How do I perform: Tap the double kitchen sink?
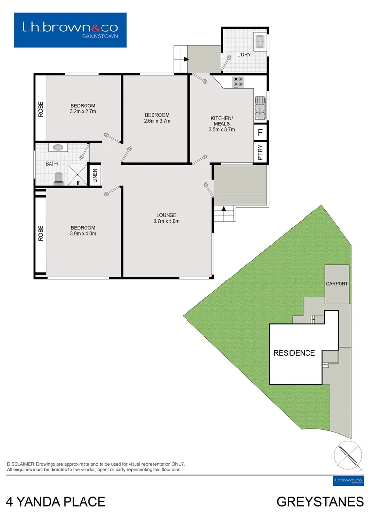(260, 108)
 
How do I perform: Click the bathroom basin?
(58, 147)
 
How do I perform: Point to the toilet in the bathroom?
(58, 178)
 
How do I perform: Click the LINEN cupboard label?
(95, 175)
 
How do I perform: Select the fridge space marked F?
(260, 132)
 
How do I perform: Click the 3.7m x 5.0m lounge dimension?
(166, 222)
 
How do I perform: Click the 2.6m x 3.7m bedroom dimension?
(157, 121)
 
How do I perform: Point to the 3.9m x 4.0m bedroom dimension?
(83, 234)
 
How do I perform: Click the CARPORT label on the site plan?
(337, 284)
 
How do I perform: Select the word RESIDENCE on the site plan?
(294, 353)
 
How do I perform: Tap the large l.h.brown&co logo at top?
(70, 30)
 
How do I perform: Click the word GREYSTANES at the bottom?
(320, 502)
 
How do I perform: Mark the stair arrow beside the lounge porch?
(224, 209)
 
